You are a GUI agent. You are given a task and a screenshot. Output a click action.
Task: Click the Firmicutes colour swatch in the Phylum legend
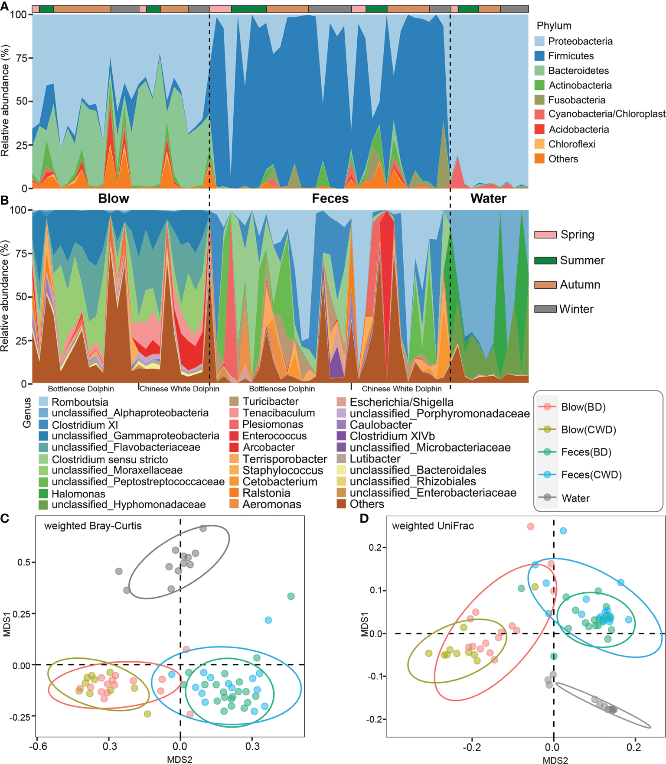click(539, 56)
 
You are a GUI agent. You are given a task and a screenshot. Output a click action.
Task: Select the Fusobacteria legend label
click(577, 100)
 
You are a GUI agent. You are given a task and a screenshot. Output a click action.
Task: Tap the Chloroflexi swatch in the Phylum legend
click(539, 144)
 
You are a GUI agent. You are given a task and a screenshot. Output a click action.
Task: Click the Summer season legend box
click(545, 260)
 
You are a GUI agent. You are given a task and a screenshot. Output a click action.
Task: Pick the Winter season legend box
click(545, 309)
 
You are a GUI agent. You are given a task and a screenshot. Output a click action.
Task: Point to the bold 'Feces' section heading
click(330, 198)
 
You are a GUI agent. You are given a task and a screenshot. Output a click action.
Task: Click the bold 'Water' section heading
click(488, 198)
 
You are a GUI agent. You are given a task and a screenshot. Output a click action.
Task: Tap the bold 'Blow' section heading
click(114, 198)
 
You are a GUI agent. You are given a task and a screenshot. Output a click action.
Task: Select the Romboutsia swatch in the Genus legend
click(43, 402)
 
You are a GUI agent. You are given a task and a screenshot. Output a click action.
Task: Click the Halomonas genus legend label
click(78, 494)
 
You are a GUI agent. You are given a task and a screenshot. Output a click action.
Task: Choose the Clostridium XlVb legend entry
click(392, 436)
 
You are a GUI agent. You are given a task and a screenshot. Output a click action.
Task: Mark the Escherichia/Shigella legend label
click(402, 402)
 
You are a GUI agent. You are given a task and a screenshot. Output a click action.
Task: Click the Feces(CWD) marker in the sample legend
click(547, 475)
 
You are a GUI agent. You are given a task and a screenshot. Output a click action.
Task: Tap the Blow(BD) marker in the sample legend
click(547, 406)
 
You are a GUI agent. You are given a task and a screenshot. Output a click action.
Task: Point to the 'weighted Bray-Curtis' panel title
click(93, 526)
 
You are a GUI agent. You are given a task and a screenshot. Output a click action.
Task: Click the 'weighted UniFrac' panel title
click(433, 526)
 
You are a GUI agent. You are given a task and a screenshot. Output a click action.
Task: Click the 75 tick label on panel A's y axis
click(22, 58)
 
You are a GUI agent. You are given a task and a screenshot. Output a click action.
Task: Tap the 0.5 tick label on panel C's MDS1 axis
click(24, 562)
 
